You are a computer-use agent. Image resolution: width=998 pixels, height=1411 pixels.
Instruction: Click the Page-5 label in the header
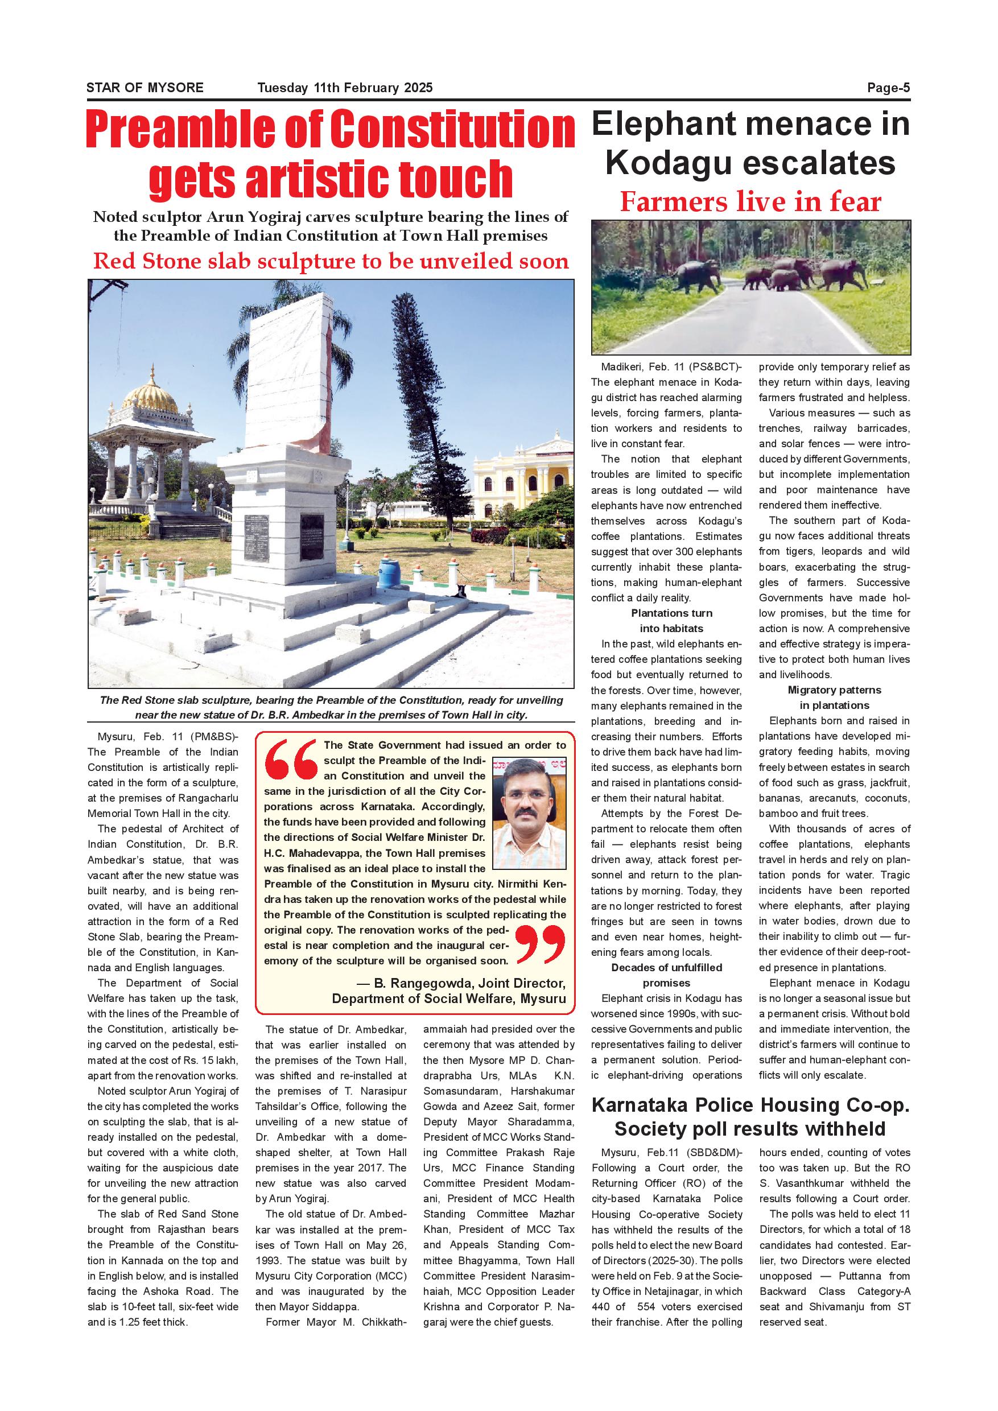click(888, 88)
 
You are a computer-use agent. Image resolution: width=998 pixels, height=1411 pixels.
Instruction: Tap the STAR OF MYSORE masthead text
click(145, 88)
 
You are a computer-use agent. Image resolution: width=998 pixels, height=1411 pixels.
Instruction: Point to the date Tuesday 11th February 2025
click(345, 88)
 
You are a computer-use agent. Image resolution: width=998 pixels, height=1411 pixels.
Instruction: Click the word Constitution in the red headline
click(452, 130)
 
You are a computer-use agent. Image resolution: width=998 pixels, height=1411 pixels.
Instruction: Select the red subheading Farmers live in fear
click(750, 201)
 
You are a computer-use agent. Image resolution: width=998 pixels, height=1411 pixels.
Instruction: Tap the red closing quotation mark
click(540, 944)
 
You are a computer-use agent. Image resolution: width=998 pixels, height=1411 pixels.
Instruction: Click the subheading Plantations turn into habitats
click(671, 621)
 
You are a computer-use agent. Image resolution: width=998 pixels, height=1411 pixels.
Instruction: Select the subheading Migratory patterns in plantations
click(834, 698)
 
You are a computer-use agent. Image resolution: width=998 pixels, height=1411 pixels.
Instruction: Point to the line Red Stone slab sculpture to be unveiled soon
click(331, 261)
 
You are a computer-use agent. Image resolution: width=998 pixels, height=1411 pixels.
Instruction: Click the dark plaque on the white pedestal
click(257, 538)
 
